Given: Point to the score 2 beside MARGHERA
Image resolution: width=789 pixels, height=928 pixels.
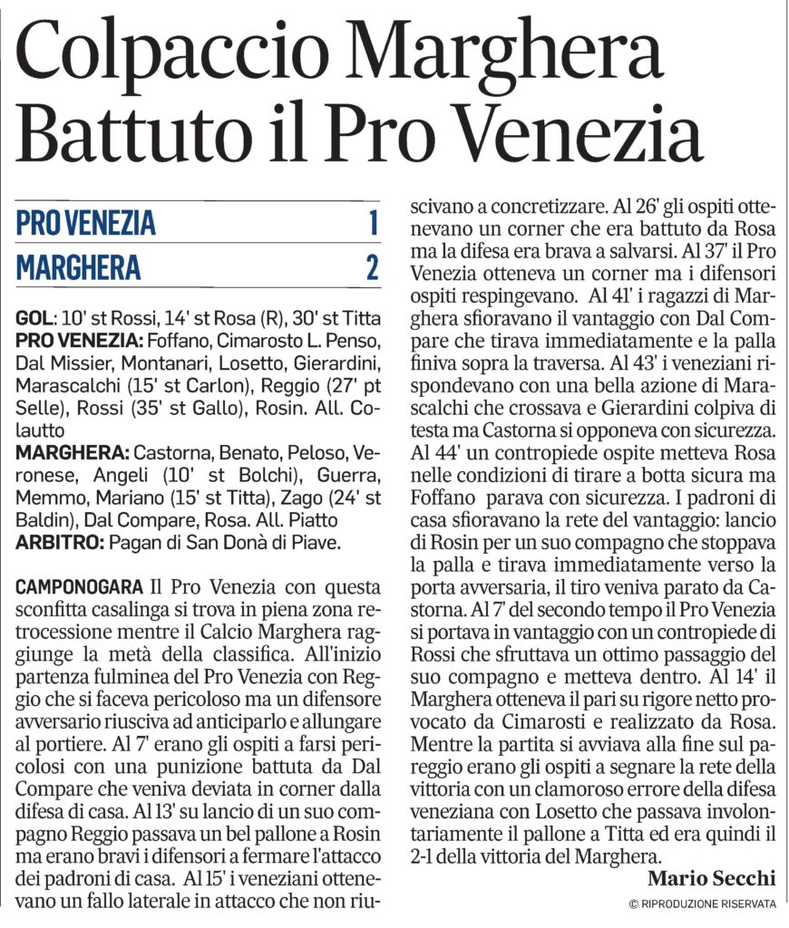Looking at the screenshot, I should click(x=371, y=268).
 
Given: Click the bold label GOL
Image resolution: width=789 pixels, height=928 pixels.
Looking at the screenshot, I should click(x=35, y=320).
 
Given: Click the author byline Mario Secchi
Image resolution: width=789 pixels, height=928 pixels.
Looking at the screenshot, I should click(x=713, y=878).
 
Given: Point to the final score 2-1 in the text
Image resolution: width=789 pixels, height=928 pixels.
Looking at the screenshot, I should click(x=427, y=855).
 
